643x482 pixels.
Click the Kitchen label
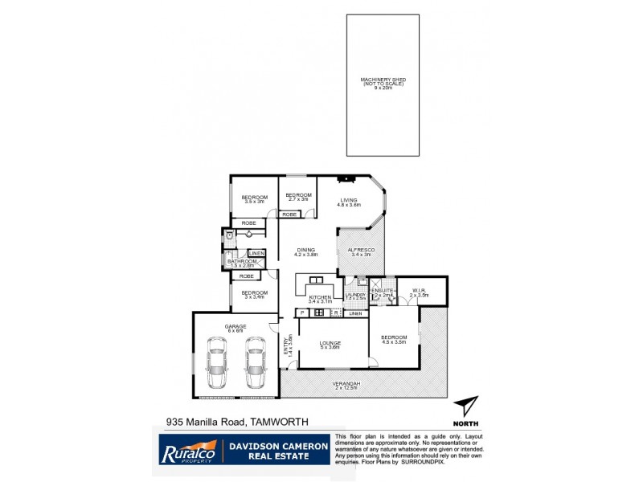tap(320, 298)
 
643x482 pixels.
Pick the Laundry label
tap(355, 296)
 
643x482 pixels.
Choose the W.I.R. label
tap(418, 291)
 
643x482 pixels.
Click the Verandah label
tap(347, 384)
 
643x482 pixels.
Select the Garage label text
tap(235, 327)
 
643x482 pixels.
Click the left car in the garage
tap(217, 364)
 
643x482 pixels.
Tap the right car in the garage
tap(255, 364)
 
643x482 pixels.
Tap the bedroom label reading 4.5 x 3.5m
tap(394, 339)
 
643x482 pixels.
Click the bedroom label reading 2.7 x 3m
tap(298, 196)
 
